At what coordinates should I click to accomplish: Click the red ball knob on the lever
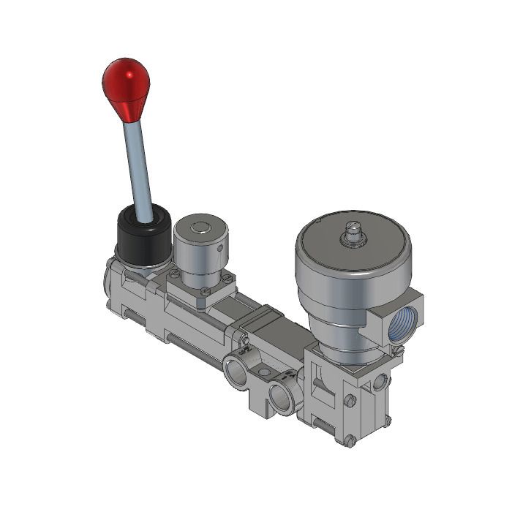click(126, 83)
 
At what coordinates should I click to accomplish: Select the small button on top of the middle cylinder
click(197, 228)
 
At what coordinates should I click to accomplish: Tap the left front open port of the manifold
click(237, 372)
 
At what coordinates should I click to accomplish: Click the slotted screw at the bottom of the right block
click(350, 440)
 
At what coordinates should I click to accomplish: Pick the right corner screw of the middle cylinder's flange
click(229, 278)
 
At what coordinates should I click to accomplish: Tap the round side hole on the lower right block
click(380, 383)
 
